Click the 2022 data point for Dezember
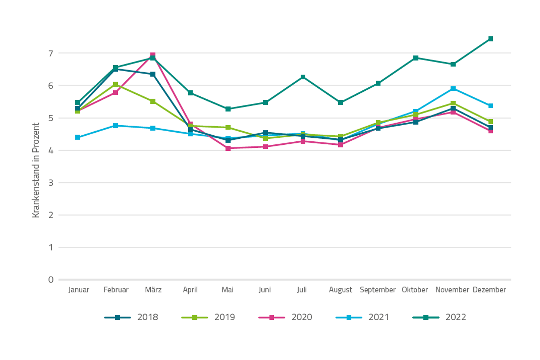pyautogui.click(x=490, y=39)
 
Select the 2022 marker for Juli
pyautogui.click(x=303, y=77)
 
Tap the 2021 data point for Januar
pyautogui.click(x=78, y=137)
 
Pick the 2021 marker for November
pyautogui.click(x=453, y=88)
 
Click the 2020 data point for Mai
pyautogui.click(x=228, y=148)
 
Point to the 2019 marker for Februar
pyautogui.click(x=115, y=84)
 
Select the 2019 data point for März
pyautogui.click(x=153, y=102)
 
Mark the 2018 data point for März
pyautogui.click(x=153, y=74)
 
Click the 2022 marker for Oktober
pyautogui.click(x=415, y=58)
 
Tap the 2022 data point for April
pyautogui.click(x=190, y=93)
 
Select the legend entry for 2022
pyautogui.click(x=439, y=317)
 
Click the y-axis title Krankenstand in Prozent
pyautogui.click(x=36, y=170)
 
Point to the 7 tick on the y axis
pyautogui.click(x=51, y=53)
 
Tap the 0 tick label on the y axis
pyautogui.click(x=51, y=280)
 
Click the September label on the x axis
pyautogui.click(x=378, y=290)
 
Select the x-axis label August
pyautogui.click(x=340, y=290)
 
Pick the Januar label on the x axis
pyautogui.click(x=79, y=290)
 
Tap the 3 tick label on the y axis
pyautogui.click(x=51, y=183)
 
